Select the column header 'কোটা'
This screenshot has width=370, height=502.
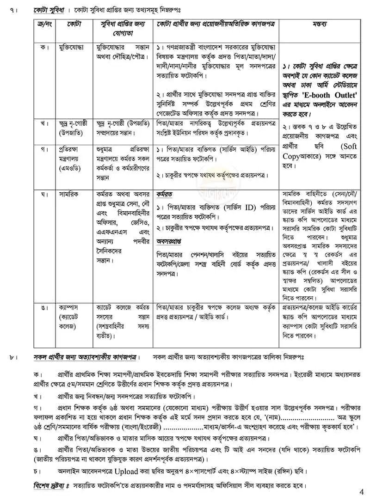[x=74, y=23]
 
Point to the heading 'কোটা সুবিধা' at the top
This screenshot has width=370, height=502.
[x=48, y=9]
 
